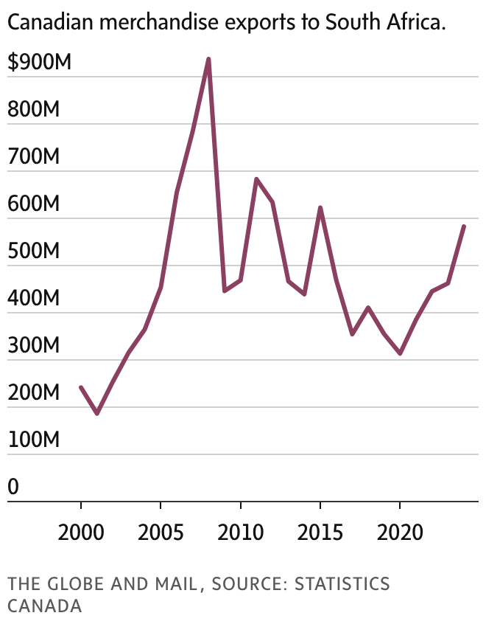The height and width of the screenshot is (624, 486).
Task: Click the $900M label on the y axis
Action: click(39, 63)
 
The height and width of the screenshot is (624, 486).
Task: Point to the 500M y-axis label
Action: click(33, 252)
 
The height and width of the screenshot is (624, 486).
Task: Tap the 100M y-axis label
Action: click(33, 440)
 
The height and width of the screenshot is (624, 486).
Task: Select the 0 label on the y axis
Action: click(13, 488)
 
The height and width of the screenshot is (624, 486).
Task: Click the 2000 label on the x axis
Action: click(81, 532)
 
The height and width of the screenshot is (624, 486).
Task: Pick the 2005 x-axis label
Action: click(161, 532)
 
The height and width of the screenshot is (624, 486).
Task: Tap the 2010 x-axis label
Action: click(240, 532)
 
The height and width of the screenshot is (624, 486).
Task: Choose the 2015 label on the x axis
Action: click(320, 532)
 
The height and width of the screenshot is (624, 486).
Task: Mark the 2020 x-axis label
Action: click(400, 532)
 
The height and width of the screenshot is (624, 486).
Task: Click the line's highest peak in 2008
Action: click(208, 59)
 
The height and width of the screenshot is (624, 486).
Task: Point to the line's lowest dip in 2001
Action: click(96, 413)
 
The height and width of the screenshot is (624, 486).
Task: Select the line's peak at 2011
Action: click(256, 179)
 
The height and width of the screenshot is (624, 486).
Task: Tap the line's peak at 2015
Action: click(320, 208)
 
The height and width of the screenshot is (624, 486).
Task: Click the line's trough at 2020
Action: click(400, 354)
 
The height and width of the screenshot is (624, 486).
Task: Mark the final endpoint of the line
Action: click(464, 226)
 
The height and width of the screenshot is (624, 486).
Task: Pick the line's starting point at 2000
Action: click(81, 387)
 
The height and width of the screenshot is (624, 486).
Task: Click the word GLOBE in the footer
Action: click(73, 585)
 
